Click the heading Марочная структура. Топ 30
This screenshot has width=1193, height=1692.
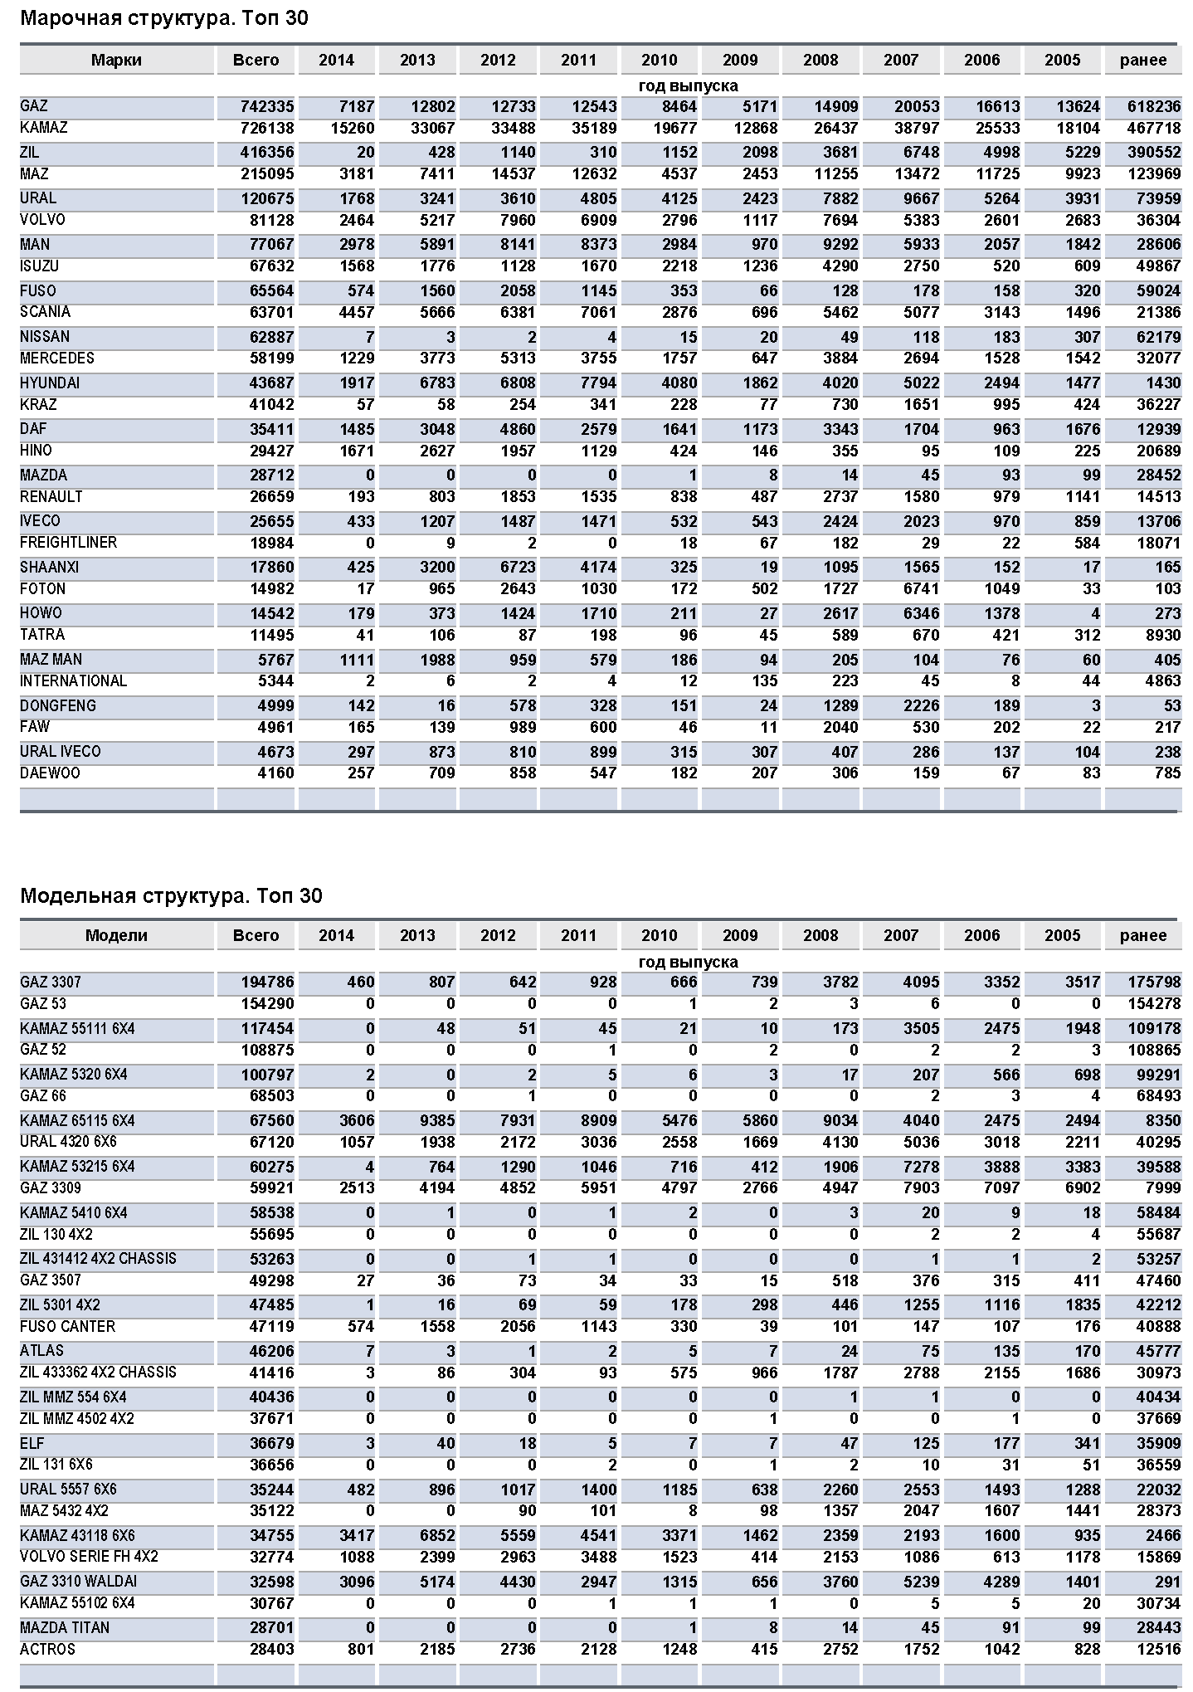click(x=163, y=18)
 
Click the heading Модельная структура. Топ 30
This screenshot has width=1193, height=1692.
click(x=171, y=896)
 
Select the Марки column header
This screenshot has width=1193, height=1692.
click(x=116, y=60)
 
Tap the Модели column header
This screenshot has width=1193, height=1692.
click(x=116, y=935)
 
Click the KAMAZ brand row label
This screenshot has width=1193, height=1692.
click(x=44, y=128)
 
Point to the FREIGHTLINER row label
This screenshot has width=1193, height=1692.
click(x=69, y=543)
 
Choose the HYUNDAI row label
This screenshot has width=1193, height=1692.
click(x=50, y=383)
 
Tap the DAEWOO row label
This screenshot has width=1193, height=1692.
click(x=50, y=773)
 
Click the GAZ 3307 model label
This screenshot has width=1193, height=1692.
click(x=51, y=983)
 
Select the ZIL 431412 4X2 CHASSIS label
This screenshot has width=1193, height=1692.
click(x=98, y=1258)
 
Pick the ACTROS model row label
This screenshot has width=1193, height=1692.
click(x=47, y=1649)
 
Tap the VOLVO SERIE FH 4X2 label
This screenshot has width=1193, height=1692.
click(x=89, y=1557)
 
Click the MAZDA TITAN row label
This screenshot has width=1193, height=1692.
click(x=65, y=1627)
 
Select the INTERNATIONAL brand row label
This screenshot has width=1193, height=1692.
click(x=73, y=681)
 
